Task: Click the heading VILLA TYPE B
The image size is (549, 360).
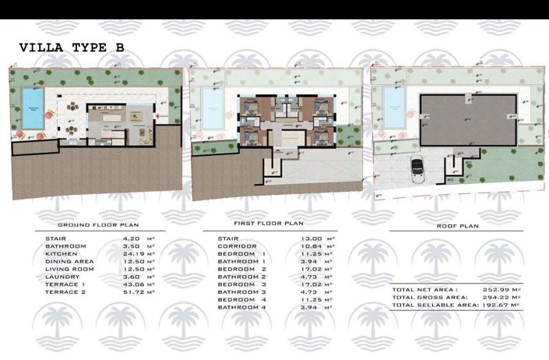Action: (x=71, y=48)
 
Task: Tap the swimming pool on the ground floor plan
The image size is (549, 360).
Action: (x=32, y=108)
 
